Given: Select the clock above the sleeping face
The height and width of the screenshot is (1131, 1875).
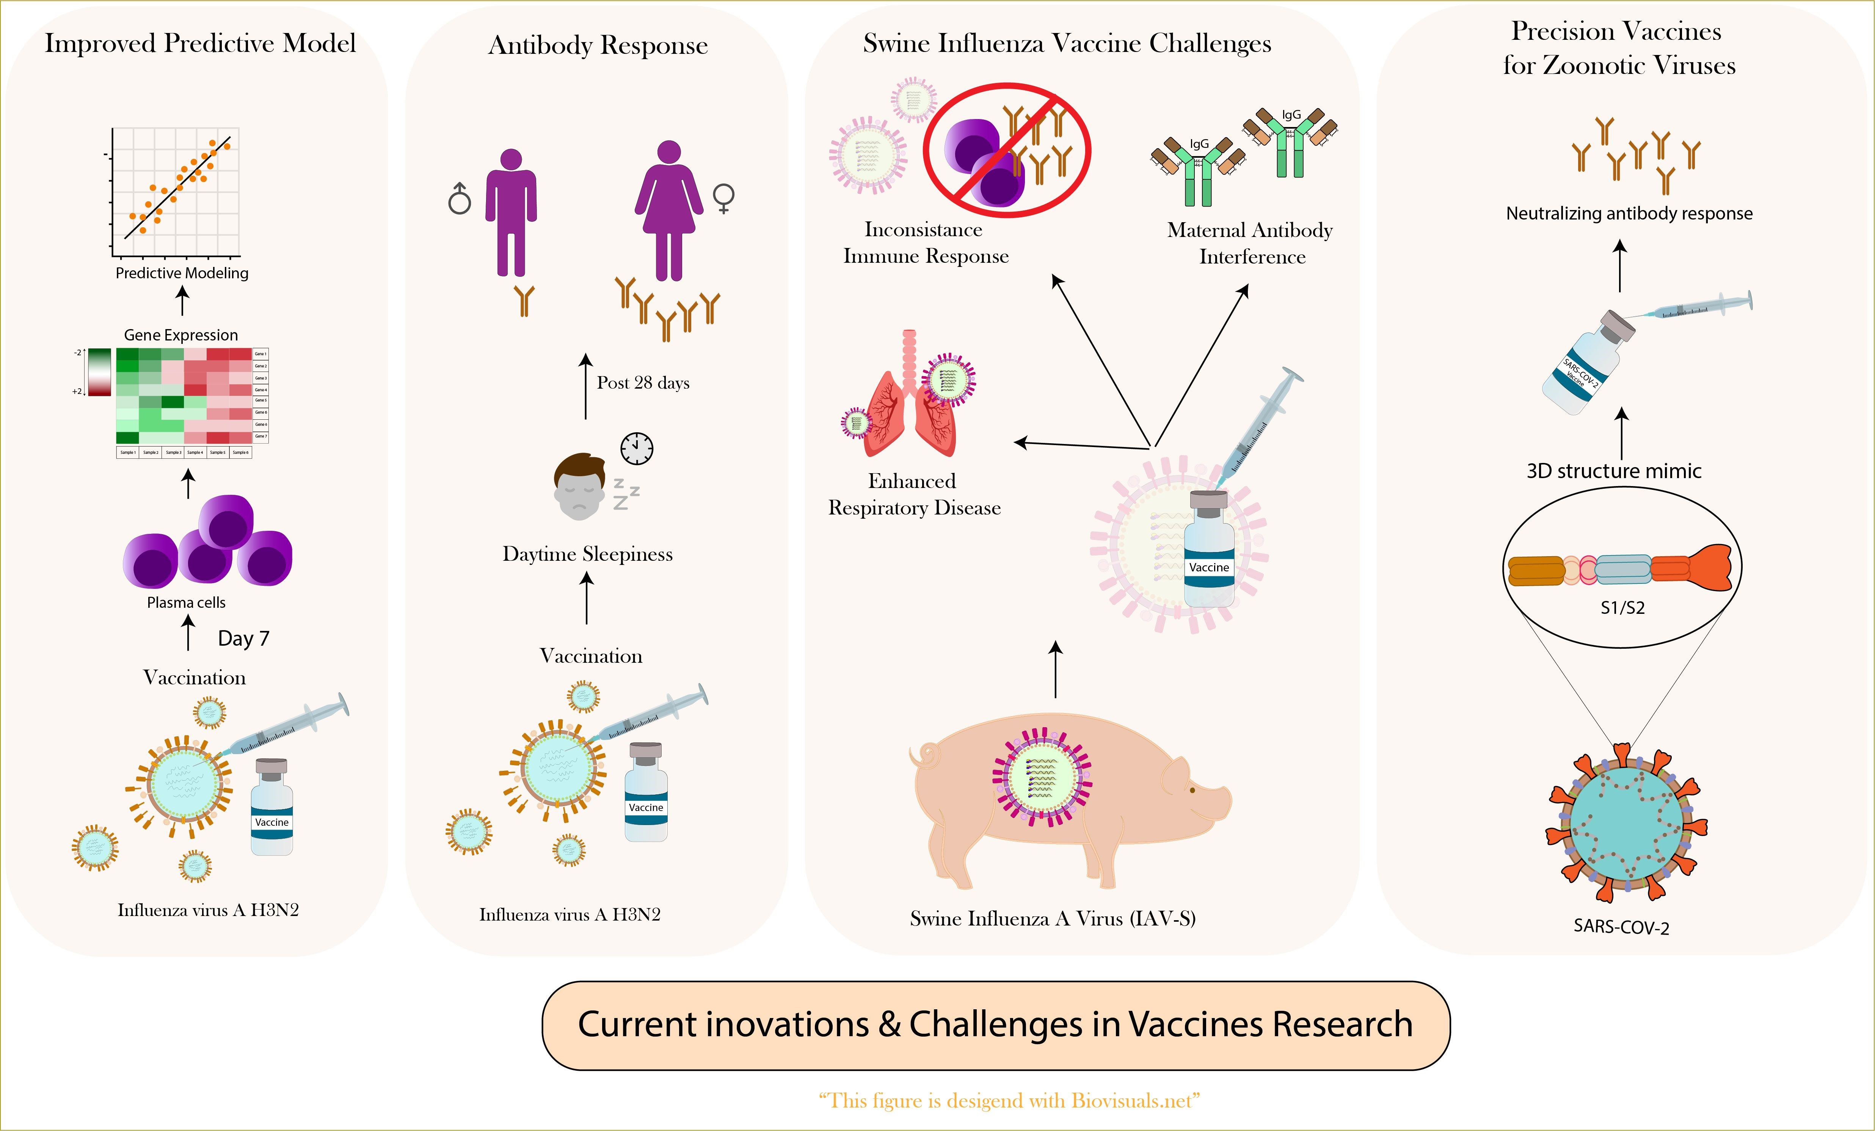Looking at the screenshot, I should coord(636,448).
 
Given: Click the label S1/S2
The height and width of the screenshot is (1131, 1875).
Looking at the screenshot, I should coord(1622,607).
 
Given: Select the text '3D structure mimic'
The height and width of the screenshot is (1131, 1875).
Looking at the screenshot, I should coord(1613,471).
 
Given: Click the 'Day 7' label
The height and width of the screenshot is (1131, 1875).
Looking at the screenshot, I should coord(243,638).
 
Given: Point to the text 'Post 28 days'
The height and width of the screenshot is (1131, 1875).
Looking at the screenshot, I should coord(643,383).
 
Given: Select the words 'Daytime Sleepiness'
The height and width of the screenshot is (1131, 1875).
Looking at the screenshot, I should coord(587,554).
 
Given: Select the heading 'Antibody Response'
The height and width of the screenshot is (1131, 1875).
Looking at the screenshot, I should coord(598,45).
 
